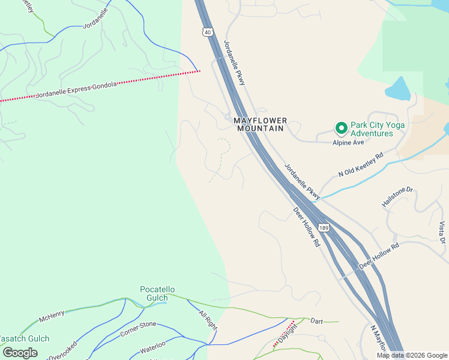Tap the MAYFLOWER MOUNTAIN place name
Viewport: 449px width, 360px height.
pyautogui.click(x=261, y=124)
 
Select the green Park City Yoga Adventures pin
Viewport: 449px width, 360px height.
pyautogui.click(x=341, y=128)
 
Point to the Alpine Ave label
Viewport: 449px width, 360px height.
pyautogui.click(x=349, y=142)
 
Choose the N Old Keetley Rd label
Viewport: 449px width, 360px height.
pyautogui.click(x=360, y=165)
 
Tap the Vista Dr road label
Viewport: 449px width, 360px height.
pyautogui.click(x=442, y=233)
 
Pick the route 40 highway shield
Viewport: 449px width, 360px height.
pyautogui.click(x=208, y=32)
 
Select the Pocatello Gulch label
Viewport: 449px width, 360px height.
pyautogui.click(x=154, y=293)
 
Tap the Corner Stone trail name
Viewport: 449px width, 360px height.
pyautogui.click(x=138, y=328)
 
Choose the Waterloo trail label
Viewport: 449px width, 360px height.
pyautogui.click(x=152, y=346)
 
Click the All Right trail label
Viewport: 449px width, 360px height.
pyautogui.click(x=207, y=319)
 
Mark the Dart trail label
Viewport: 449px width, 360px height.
pyautogui.click(x=317, y=322)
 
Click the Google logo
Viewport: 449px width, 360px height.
pyautogui.click(x=20, y=353)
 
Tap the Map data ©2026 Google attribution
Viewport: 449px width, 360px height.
pyautogui.click(x=412, y=355)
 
